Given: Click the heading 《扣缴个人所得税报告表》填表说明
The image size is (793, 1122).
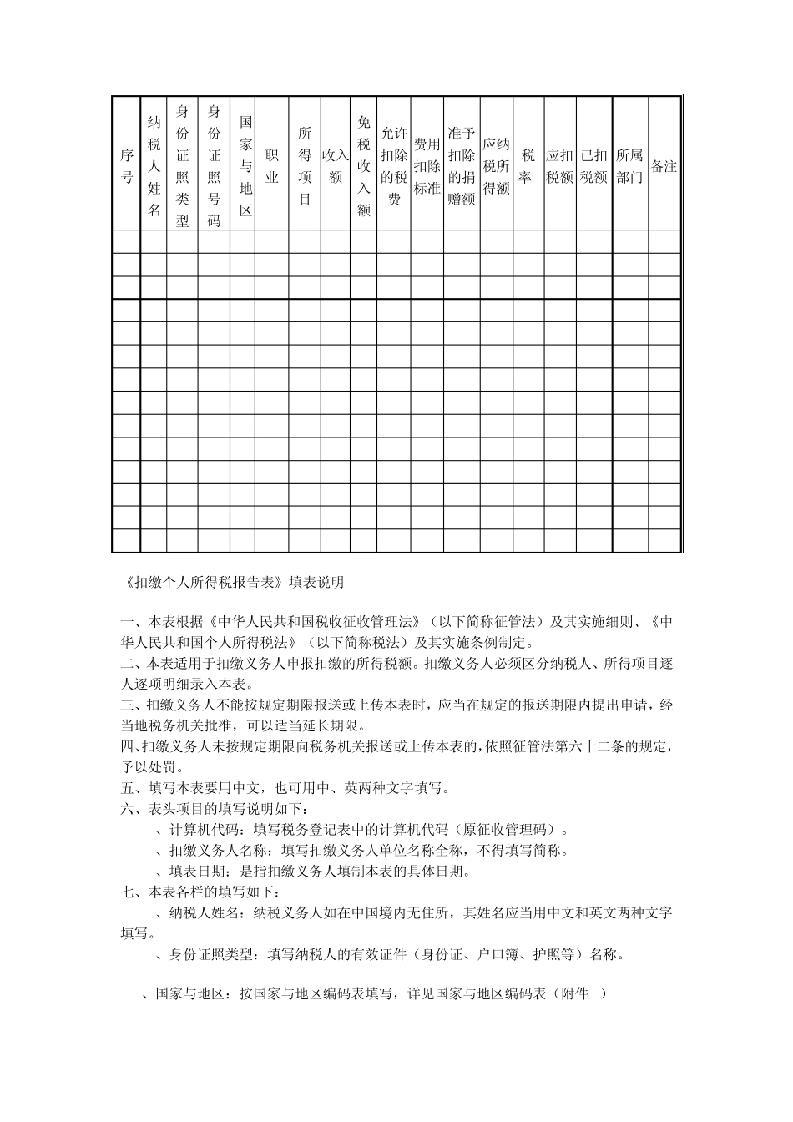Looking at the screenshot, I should click(232, 583).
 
